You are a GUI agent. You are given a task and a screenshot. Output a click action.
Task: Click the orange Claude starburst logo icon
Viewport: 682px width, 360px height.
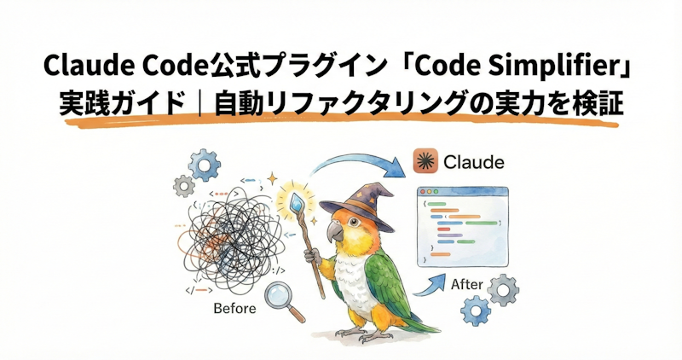coord(425,161)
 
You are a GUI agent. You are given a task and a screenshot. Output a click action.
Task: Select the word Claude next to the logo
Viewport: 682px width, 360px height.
coord(473,162)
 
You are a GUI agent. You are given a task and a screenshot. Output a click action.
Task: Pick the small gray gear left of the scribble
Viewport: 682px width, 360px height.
coord(182,186)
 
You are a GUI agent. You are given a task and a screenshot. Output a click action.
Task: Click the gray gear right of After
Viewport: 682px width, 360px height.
coord(504,291)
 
